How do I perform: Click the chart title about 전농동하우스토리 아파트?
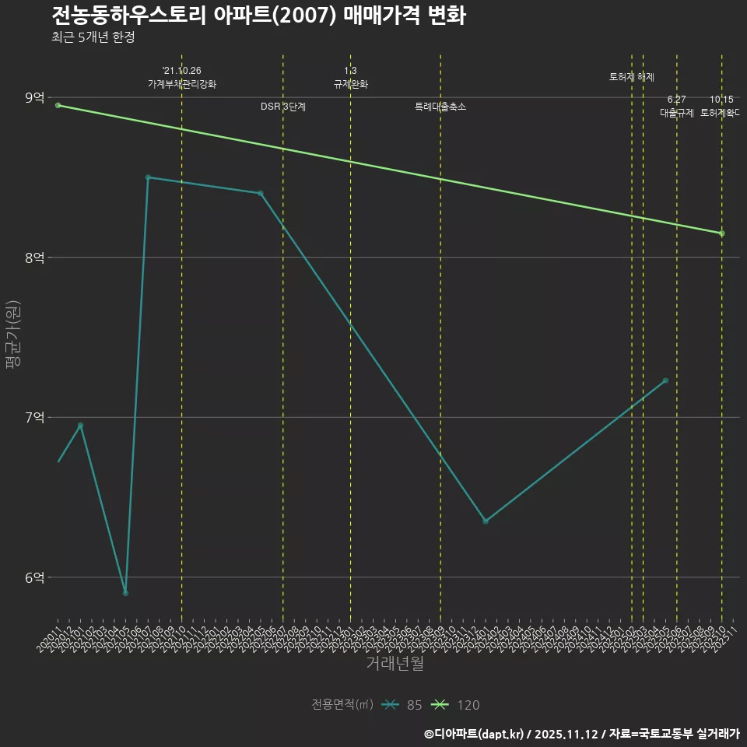coord(258,16)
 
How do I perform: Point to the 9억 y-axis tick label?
coord(34,97)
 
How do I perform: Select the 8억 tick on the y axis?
coord(34,258)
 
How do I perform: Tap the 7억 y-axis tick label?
coord(34,418)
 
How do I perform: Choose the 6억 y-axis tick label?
coord(34,577)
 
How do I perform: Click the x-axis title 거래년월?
coord(395,664)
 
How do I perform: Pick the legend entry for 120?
coord(456,705)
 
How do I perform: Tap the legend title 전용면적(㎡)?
coord(342,705)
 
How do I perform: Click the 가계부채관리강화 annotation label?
coord(182,84)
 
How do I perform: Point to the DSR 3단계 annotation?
coord(282,107)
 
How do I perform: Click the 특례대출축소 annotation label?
coord(440,107)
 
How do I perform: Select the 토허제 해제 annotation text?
coord(632,77)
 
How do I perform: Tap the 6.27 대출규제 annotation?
coord(676,107)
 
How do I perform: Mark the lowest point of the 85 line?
coord(125,593)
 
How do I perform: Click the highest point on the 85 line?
coord(148,177)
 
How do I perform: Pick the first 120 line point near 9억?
coord(58,105)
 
